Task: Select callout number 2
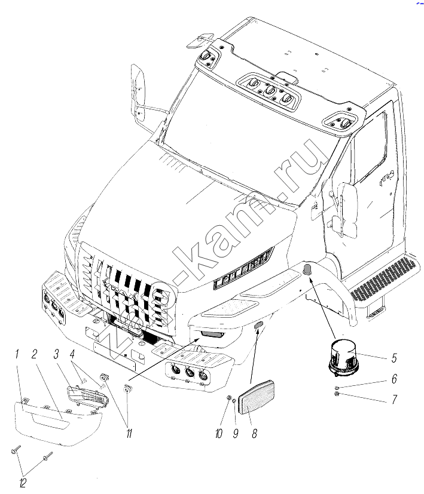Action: (x=35, y=355)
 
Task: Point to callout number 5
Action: (x=394, y=359)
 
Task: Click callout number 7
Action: (x=394, y=400)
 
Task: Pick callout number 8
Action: (x=255, y=435)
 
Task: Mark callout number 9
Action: (x=236, y=435)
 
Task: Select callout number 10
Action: (x=218, y=435)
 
